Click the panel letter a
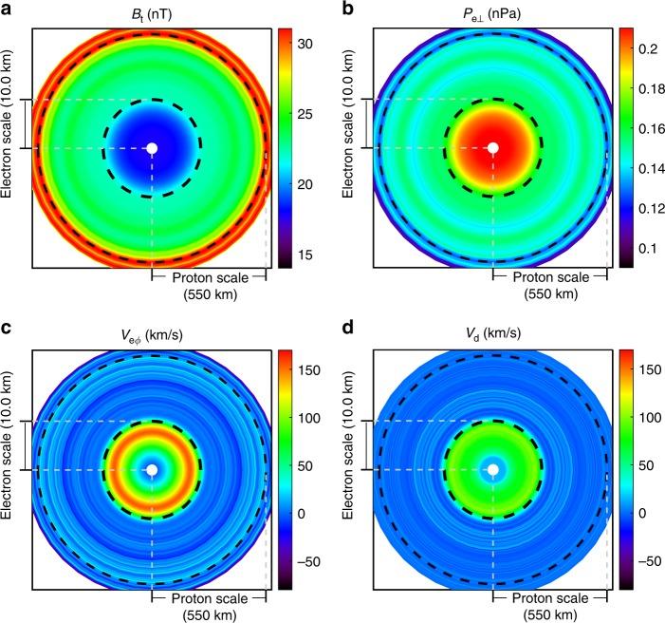click(x=7, y=9)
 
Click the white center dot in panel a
click(x=152, y=148)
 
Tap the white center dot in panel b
click(x=493, y=148)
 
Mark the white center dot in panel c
click(x=152, y=470)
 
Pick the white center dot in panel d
click(x=493, y=470)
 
